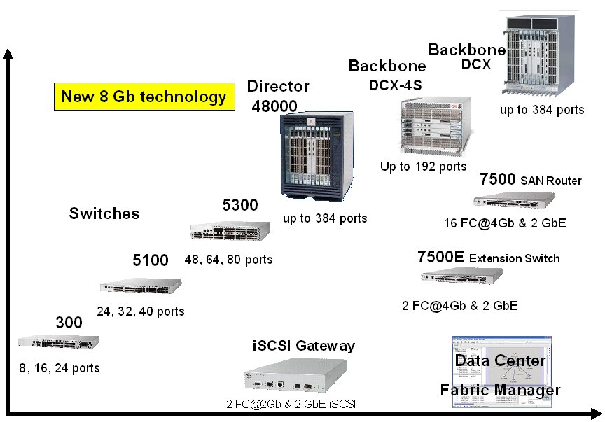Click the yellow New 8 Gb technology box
[144, 97]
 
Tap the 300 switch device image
[58, 342]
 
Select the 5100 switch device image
[140, 286]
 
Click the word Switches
[104, 213]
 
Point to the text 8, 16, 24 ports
[60, 368]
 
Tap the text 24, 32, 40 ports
[141, 311]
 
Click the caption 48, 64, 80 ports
[229, 260]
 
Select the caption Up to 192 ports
[423, 167]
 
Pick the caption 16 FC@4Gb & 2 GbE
[505, 223]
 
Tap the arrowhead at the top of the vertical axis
[8, 55]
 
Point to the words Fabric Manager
[500, 390]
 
